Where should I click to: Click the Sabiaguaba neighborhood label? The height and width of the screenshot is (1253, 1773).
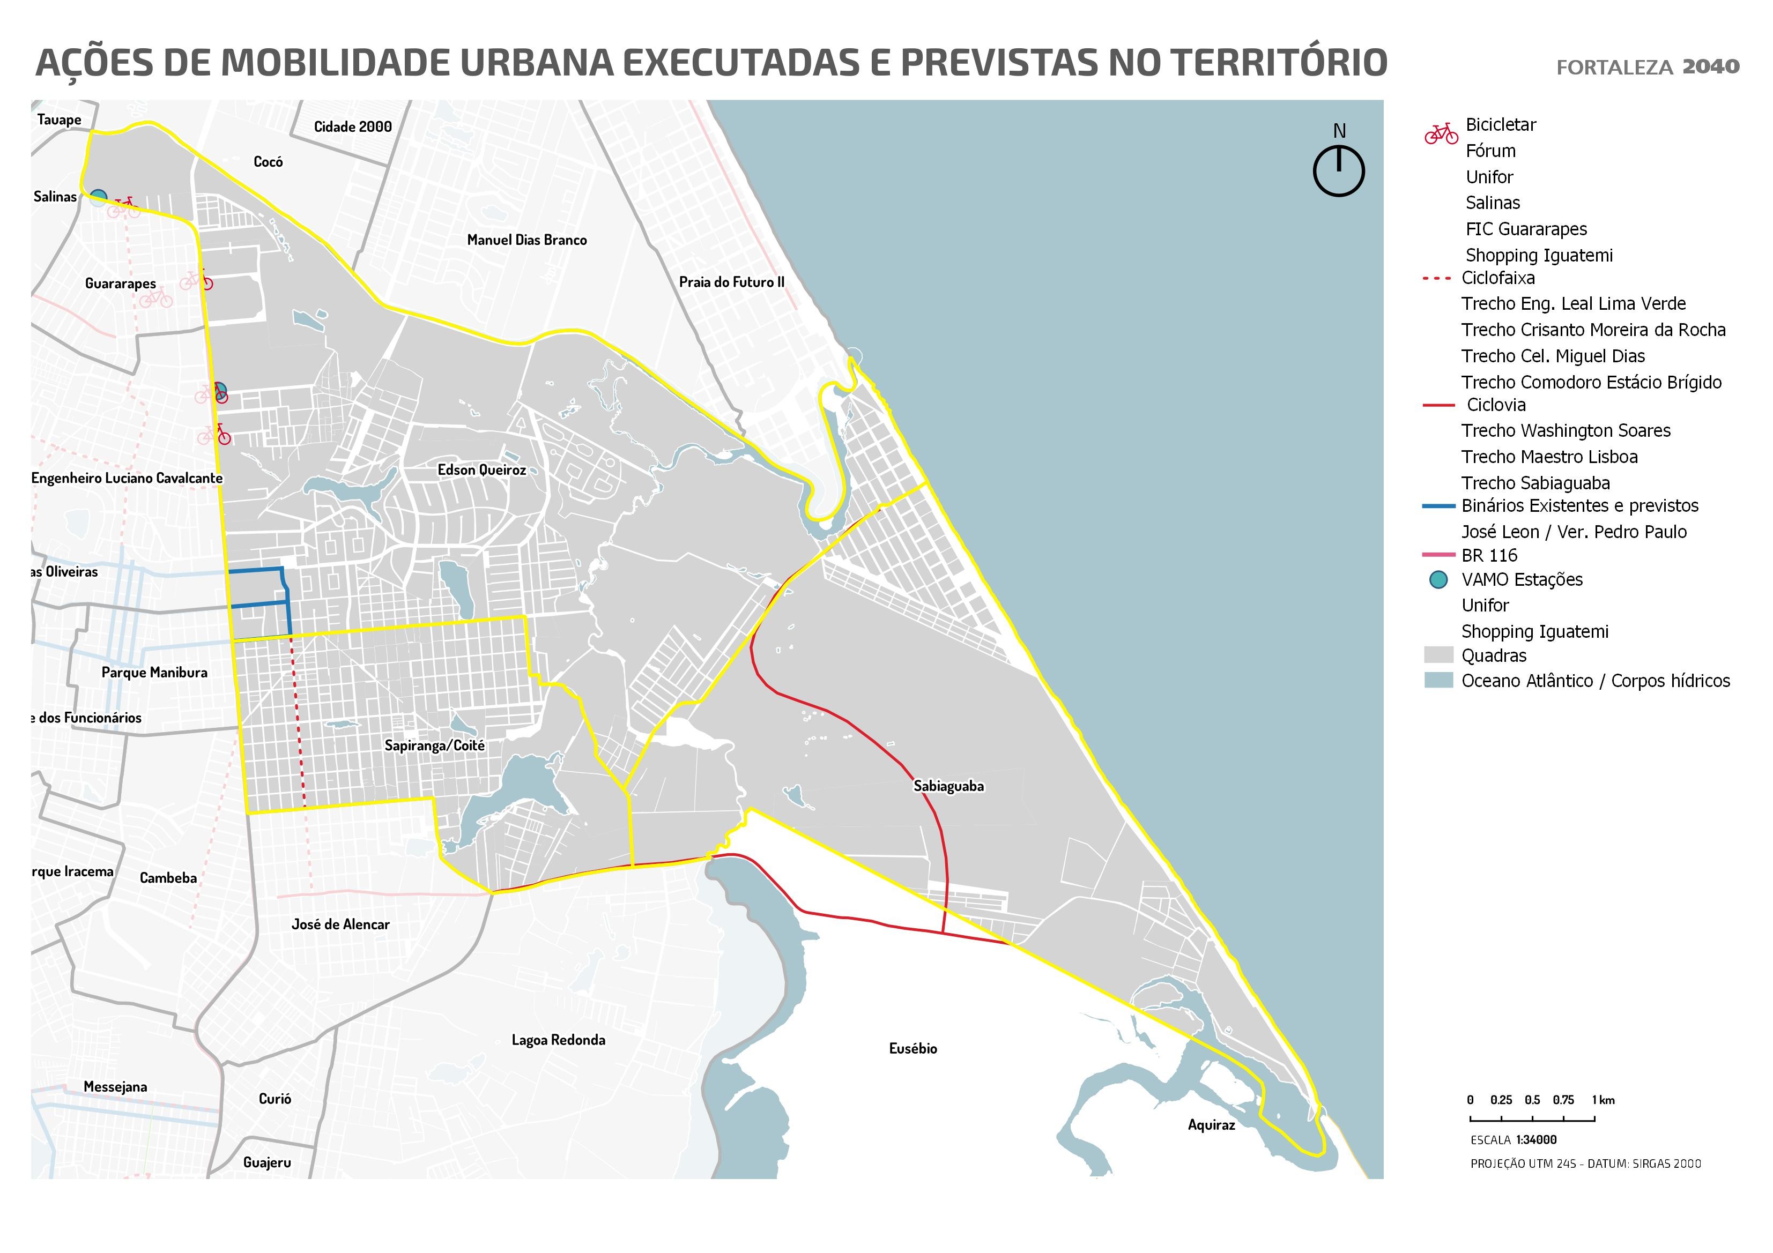pos(948,786)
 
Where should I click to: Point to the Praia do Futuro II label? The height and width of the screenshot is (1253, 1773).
pos(731,282)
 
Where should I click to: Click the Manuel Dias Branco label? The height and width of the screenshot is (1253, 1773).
pos(526,240)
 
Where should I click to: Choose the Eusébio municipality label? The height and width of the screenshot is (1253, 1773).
pos(913,1048)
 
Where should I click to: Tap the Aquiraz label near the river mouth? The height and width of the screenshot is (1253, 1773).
pos(1211,1125)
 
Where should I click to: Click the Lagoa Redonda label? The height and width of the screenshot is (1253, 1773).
pos(558,1040)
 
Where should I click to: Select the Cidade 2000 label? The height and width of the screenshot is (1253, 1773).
pos(352,126)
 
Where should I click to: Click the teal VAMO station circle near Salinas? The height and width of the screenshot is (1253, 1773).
pos(98,198)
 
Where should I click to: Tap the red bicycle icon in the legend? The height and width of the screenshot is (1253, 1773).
pos(1441,133)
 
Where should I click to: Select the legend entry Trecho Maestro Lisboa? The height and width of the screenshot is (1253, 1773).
pos(1549,457)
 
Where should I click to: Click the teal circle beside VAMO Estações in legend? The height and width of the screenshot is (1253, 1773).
pos(1438,580)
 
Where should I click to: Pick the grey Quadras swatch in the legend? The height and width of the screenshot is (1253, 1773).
pos(1438,655)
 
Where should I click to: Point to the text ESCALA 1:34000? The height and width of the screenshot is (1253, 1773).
pos(1513,1139)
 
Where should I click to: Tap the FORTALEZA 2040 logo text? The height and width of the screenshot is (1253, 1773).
pos(1647,67)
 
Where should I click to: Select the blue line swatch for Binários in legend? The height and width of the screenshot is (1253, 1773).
pos(1438,506)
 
